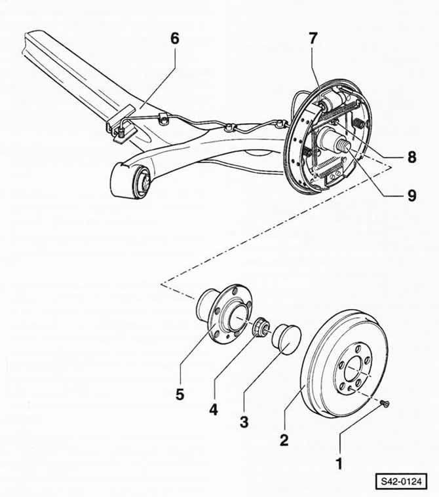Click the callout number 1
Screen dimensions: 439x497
[x=339, y=464]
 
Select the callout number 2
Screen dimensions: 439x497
[x=284, y=439]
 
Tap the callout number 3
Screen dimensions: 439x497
[x=244, y=422]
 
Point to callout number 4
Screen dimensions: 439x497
[x=214, y=409]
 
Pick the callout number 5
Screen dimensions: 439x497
[x=180, y=394]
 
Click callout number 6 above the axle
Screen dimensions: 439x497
[x=175, y=39]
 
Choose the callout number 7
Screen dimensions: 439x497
[x=313, y=39]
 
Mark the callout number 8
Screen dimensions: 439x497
[x=411, y=157]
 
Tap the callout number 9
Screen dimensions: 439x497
[x=411, y=196]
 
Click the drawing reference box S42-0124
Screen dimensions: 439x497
[x=401, y=482]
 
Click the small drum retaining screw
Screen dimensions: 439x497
[x=385, y=403]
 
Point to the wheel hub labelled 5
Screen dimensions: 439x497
[x=224, y=313]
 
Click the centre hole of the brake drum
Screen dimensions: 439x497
[x=356, y=369]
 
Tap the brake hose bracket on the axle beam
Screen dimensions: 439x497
[x=121, y=126]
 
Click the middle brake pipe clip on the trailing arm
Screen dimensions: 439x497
[x=229, y=128]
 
